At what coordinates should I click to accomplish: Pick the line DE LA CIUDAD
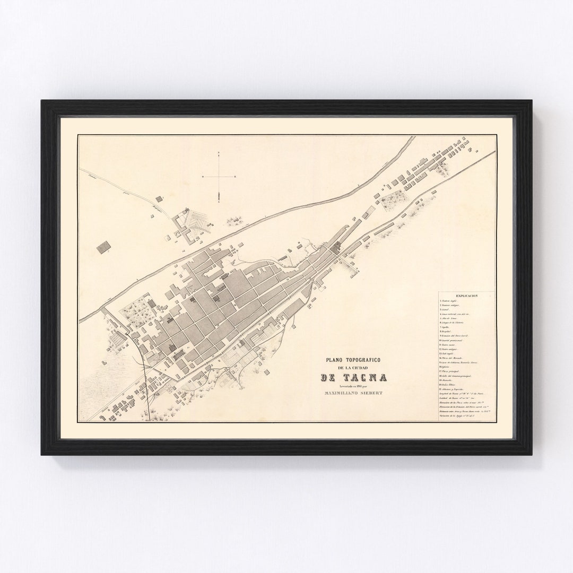(x=353, y=368)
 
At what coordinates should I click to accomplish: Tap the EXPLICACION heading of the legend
(x=466, y=295)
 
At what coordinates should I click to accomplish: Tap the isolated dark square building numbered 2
(x=104, y=246)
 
